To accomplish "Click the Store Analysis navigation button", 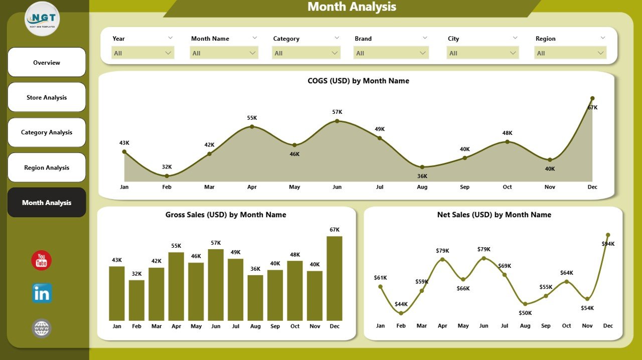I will click(47, 97).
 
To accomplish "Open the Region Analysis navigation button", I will click(47, 167).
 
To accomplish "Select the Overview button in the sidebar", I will click(47, 63).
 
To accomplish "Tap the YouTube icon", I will click(41, 261).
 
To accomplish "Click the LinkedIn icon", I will click(42, 294).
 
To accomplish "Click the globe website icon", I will click(42, 328).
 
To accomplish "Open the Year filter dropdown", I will click(142, 53).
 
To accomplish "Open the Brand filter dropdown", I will click(391, 53).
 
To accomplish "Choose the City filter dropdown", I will click(483, 53).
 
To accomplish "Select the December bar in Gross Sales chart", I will click(335, 278).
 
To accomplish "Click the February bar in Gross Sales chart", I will click(136, 300).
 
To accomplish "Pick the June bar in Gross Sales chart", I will click(216, 285).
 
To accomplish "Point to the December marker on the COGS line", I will click(592, 98).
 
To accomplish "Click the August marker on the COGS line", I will click(422, 167).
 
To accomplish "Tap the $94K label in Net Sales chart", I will click(607, 244).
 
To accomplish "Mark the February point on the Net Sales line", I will click(401, 313).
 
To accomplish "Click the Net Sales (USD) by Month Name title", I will click(494, 215).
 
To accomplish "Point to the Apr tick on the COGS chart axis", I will click(252, 187).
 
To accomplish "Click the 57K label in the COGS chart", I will click(337, 112).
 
